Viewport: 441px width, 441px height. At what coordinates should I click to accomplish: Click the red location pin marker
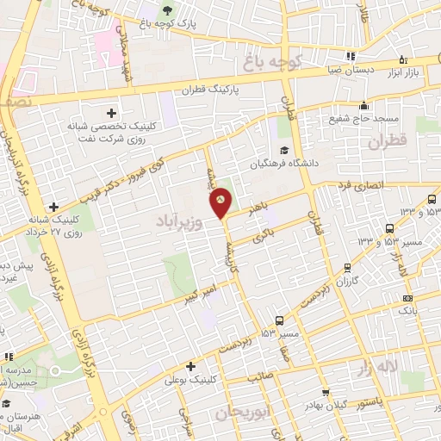click(x=222, y=202)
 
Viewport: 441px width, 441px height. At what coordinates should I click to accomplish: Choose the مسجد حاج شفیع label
click(x=370, y=118)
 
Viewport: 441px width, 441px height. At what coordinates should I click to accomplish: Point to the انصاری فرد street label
click(x=380, y=185)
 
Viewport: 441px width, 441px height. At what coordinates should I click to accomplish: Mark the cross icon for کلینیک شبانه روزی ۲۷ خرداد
click(x=54, y=207)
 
